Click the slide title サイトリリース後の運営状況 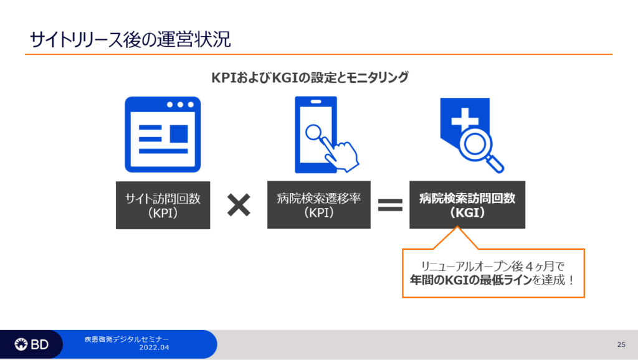pos(130,39)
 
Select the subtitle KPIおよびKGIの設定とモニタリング pos(310,77)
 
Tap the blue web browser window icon pos(163,135)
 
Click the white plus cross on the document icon pos(465,119)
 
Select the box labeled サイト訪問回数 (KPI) pos(163,205)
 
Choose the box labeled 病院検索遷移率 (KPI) pos(318,205)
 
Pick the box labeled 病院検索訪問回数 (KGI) pos(467,205)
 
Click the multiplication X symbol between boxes pos(239,205)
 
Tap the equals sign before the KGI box pos(390,205)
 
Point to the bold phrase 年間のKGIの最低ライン pos(471,280)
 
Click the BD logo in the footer pos(32,344)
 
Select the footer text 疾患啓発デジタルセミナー pos(126,339)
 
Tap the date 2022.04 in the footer pos(154,348)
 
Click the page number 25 pos(621,344)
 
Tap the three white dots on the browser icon pos(180,105)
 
